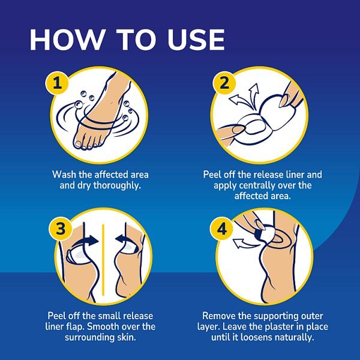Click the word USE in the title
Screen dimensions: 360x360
(x=190, y=39)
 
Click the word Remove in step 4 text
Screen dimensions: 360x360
(x=220, y=316)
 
